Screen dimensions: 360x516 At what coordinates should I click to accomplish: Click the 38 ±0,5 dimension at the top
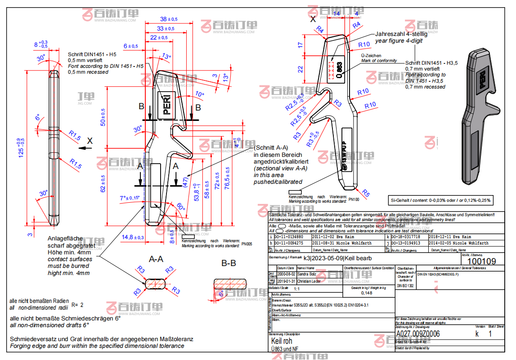point(169,19)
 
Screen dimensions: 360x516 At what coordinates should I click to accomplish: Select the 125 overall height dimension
point(20,147)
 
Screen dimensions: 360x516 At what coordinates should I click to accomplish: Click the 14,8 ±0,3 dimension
point(132,237)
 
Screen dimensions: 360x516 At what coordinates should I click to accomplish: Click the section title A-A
point(156,259)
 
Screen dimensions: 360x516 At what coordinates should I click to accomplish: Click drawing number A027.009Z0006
point(417,334)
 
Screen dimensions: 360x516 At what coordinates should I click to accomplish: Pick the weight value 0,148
point(367,293)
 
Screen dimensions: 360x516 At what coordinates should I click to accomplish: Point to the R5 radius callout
point(366,194)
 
